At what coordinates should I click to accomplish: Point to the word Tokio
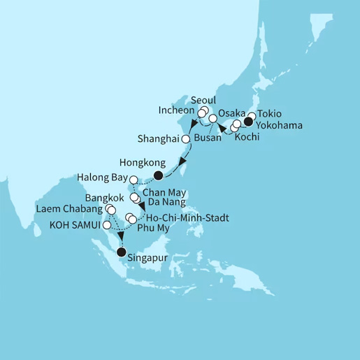point(271,113)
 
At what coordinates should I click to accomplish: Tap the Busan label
point(209,138)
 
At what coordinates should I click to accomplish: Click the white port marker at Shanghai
point(186,139)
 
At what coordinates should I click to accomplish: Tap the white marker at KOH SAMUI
point(106,226)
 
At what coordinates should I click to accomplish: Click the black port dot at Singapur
point(122,252)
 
